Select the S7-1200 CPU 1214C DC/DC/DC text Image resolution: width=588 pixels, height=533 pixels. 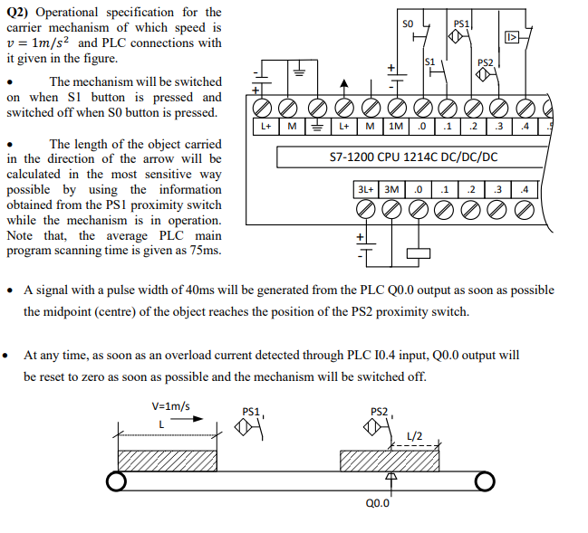413,157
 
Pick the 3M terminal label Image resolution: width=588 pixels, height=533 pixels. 390,189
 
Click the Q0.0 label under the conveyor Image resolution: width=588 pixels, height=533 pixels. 378,503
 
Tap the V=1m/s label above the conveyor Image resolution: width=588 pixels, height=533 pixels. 170,407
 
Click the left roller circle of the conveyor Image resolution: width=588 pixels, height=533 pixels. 116,481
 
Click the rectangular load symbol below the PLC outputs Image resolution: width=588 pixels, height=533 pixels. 418,254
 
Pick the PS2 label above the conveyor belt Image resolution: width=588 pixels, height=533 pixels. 381,413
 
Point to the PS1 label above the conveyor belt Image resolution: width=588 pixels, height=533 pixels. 251,412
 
